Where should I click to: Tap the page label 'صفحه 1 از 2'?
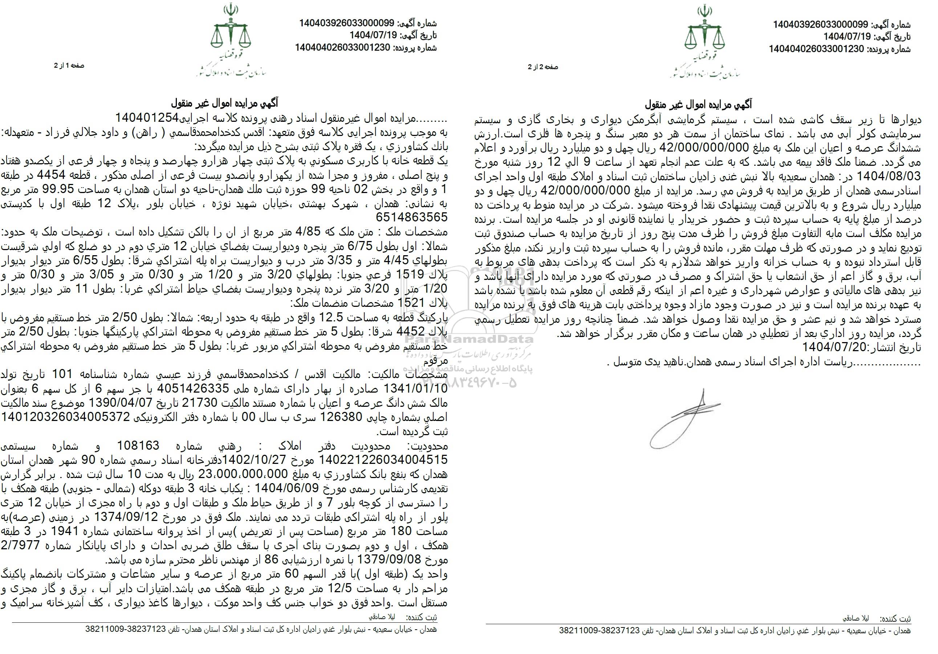click(69, 65)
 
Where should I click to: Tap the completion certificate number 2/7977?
click(20, 545)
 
